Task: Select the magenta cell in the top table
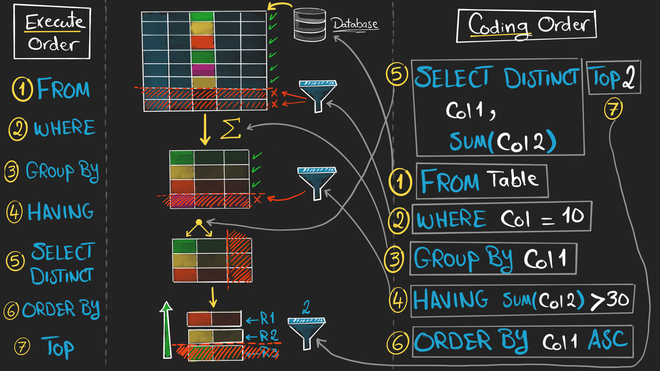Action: tap(203, 70)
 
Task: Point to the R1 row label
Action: tap(267, 318)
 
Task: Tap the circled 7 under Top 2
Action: tap(613, 109)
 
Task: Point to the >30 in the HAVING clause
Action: tap(610, 300)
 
